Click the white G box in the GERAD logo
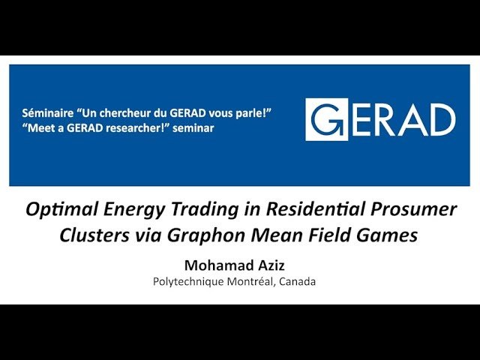(326, 120)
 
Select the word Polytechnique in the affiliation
(186, 282)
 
